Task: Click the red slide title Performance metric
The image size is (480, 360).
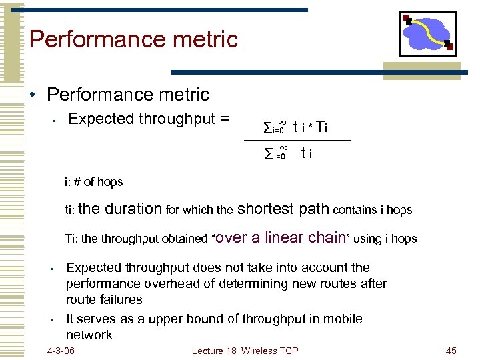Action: point(133,39)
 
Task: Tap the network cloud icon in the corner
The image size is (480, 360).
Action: point(427,33)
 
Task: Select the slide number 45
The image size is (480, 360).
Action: point(451,351)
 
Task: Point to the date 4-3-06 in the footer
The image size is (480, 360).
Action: point(61,351)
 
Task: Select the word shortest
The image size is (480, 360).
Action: point(265,209)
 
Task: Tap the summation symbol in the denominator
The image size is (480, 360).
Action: point(268,155)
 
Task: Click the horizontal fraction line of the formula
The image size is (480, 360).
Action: point(297,141)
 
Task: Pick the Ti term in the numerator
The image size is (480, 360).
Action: point(321,127)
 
